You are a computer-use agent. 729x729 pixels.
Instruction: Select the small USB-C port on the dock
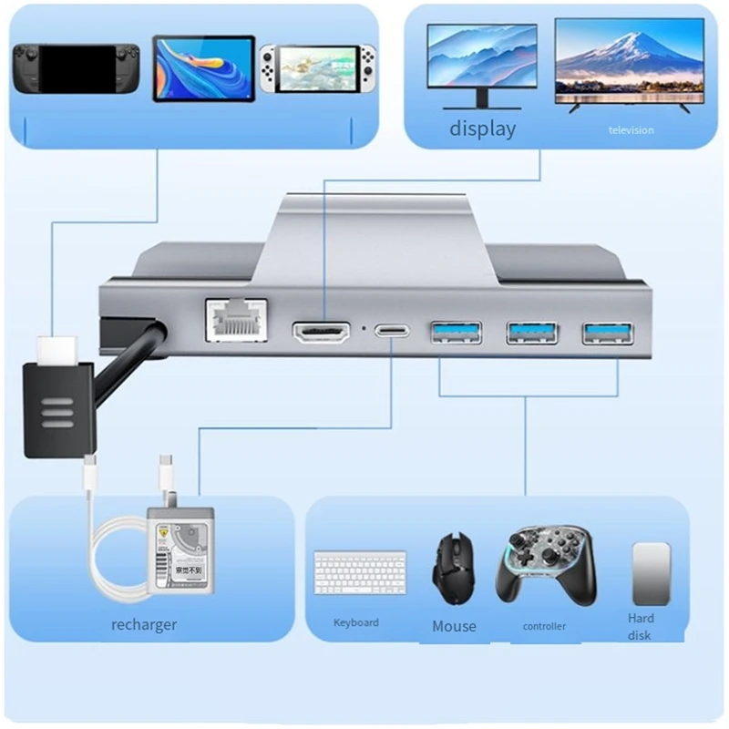[395, 331]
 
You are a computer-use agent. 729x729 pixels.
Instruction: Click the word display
[482, 128]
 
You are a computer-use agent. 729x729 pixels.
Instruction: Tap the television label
[631, 130]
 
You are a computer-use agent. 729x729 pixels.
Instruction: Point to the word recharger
[144, 625]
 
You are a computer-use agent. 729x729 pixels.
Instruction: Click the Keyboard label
[355, 622]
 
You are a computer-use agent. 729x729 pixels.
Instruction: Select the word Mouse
[454, 626]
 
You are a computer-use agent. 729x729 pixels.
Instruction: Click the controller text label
[544, 626]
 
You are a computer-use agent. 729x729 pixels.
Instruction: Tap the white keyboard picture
[360, 572]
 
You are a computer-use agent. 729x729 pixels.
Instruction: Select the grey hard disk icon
[651, 571]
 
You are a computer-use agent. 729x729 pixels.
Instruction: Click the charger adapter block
[181, 551]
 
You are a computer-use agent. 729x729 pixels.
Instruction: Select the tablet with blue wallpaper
[204, 67]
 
